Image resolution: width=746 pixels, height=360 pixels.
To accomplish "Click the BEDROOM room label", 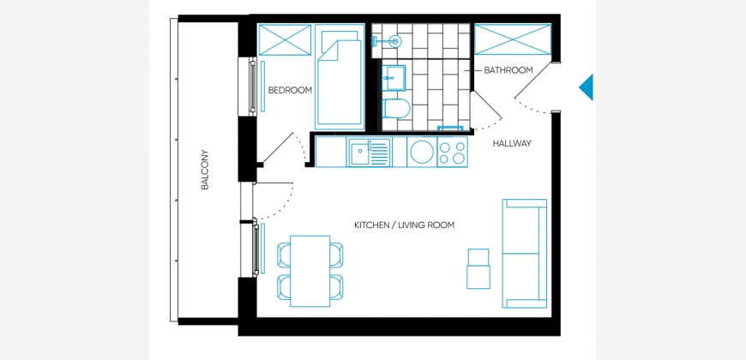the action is click(x=290, y=90).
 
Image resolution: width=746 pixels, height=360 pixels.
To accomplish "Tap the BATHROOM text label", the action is click(x=508, y=70).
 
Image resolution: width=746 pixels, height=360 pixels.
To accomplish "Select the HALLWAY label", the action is click(x=511, y=143).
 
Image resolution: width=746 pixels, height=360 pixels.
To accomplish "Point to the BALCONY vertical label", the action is click(x=205, y=171).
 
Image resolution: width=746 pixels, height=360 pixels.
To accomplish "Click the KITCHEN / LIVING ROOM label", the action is click(x=405, y=225).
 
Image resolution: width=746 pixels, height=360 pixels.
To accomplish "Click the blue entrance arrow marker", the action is click(x=587, y=87).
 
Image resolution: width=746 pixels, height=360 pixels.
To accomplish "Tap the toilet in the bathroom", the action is click(x=395, y=108).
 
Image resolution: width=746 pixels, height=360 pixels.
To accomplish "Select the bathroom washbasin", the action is click(x=394, y=77).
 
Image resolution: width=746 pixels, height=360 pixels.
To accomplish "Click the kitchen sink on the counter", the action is click(x=370, y=153).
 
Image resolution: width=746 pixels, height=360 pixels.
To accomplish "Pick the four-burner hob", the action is click(x=453, y=153).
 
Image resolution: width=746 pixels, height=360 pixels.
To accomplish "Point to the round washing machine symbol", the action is click(x=421, y=153).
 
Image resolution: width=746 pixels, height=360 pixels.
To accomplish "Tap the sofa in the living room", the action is click(x=524, y=254).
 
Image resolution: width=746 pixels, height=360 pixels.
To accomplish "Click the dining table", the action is click(x=310, y=271).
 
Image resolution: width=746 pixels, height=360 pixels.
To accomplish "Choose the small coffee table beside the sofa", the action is click(x=478, y=268).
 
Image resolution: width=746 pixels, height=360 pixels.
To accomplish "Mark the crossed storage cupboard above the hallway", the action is click(x=513, y=39).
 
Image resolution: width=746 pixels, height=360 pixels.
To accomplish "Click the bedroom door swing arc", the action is click(x=302, y=148).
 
